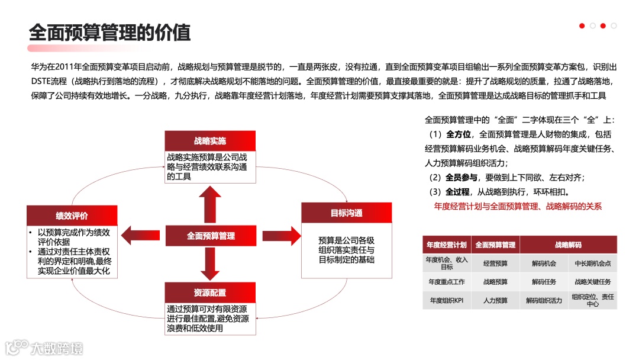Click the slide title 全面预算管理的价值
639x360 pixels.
110,33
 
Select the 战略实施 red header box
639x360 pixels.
210,141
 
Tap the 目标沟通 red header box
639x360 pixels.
346,213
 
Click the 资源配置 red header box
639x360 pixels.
210,292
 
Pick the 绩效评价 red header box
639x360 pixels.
72,216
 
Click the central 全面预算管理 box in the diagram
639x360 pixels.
211,236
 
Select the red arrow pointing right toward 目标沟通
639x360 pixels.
282,235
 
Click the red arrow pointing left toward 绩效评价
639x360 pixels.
140,235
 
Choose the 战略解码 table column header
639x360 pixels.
568,245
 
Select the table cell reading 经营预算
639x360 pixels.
495,263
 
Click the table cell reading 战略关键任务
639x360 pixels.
592,282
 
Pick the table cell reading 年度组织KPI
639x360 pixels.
447,300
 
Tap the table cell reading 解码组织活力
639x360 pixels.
544,300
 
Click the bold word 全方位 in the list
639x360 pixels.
459,134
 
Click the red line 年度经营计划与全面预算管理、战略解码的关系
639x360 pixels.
518,207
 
